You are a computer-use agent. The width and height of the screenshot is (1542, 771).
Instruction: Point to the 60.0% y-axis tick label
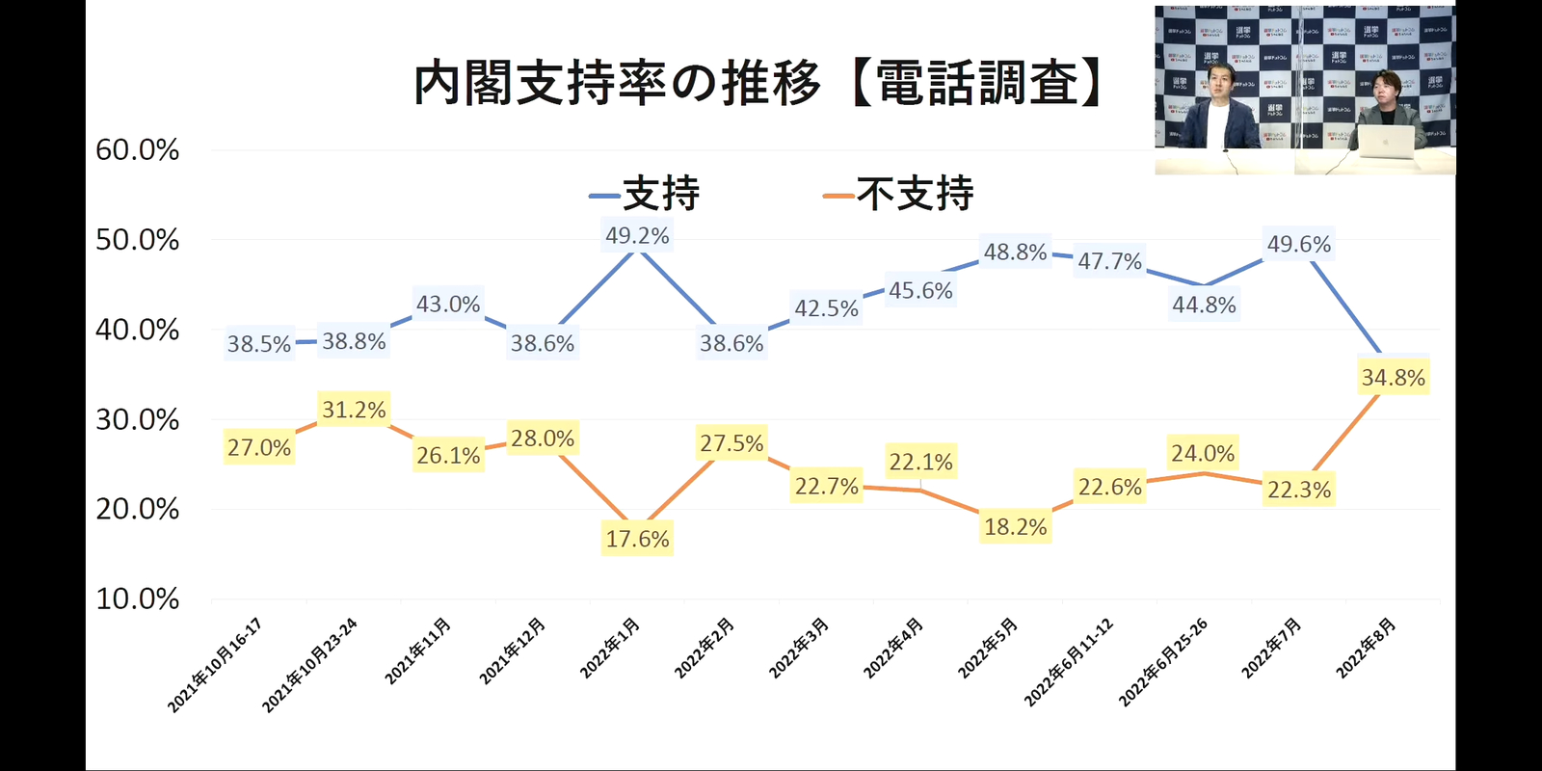[x=138, y=150]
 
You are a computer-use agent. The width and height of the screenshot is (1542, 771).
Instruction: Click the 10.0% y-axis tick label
[x=138, y=599]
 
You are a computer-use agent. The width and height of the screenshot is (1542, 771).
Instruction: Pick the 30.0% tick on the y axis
[x=138, y=420]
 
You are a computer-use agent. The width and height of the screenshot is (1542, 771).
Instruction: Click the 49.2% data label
[x=637, y=236]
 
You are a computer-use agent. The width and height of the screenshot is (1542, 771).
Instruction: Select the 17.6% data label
[x=637, y=540]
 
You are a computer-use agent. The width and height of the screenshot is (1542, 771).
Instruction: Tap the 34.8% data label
[x=1393, y=379]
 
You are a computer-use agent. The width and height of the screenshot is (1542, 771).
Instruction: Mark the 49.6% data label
[x=1298, y=245]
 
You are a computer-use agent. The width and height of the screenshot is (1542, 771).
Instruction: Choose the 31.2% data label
[x=354, y=411]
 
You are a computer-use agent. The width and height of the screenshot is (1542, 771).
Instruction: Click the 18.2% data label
[x=1015, y=528]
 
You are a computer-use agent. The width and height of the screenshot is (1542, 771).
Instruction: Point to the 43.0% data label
[x=448, y=305]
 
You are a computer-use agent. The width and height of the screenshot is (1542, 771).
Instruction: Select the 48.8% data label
[x=1015, y=253]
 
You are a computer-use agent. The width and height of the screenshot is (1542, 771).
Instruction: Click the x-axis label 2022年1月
[x=610, y=649]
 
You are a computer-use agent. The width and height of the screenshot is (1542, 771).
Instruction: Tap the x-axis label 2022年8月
[x=1366, y=649]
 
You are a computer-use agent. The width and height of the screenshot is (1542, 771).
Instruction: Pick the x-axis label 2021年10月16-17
[x=215, y=666]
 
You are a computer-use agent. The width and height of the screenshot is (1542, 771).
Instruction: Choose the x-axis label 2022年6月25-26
[x=1163, y=663]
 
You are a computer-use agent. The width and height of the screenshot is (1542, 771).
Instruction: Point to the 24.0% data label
[x=1203, y=454]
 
